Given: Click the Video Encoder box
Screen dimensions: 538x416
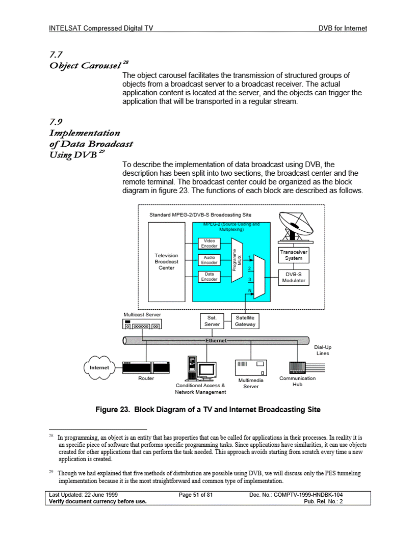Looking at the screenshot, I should tap(209, 244).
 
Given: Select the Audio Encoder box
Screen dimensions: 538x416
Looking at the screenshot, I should tap(209, 260).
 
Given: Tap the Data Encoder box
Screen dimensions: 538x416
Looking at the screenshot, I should tap(209, 276).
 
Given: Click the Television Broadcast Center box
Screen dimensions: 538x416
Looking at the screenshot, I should tap(166, 261).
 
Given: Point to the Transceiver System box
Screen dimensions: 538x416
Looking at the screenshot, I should tap(294, 255).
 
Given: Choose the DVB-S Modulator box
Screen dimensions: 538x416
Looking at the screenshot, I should tap(294, 277).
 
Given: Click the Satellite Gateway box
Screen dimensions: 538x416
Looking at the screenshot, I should tap(245, 321).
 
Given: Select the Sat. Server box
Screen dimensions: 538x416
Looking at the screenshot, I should tap(212, 321).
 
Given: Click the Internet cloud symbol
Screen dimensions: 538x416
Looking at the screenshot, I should tap(99, 367).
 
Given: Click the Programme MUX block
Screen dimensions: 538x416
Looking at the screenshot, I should tap(237, 260).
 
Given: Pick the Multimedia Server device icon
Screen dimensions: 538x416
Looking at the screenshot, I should tap(251, 368).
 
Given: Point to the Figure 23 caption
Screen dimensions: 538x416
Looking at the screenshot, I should tap(208, 410).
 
